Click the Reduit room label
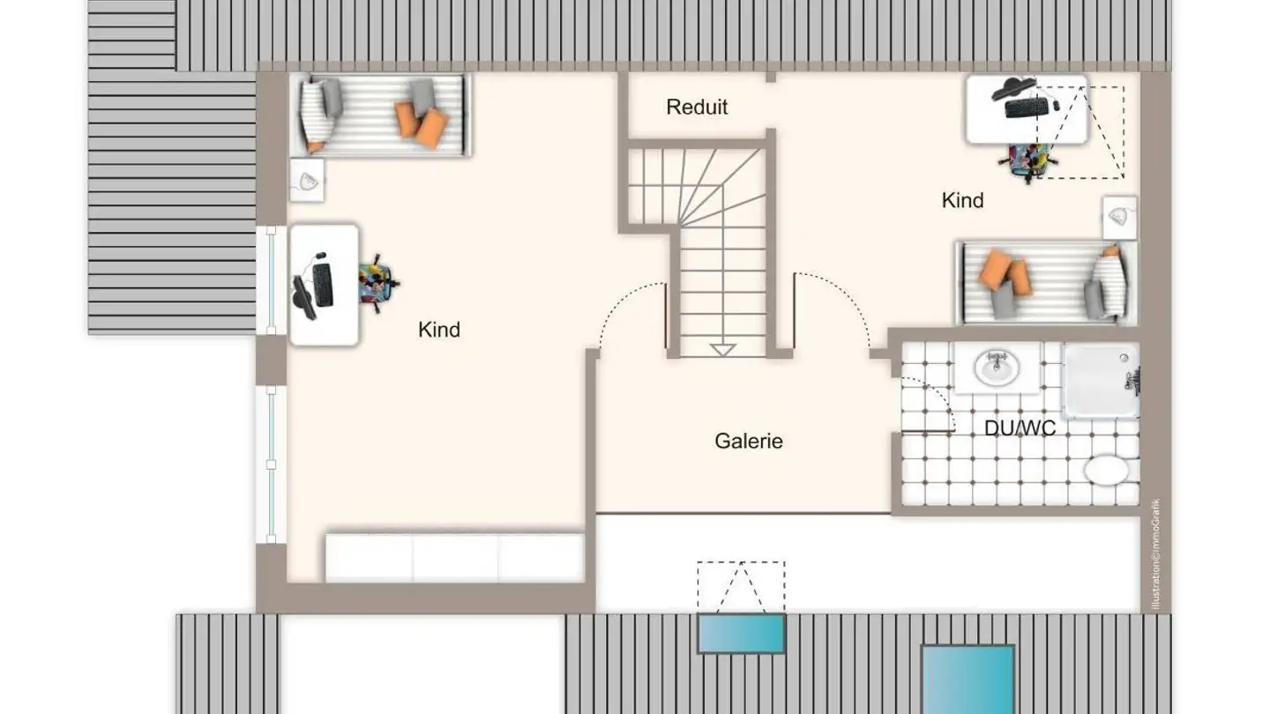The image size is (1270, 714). [697, 108]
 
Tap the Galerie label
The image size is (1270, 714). [749, 441]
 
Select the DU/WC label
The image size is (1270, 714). [1020, 428]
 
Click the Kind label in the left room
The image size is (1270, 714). [439, 330]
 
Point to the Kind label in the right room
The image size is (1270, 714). [962, 200]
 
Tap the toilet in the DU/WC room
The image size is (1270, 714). [1106, 470]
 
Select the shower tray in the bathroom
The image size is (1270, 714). [1100, 380]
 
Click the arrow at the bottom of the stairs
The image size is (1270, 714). [723, 350]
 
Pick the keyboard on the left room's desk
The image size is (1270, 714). [323, 285]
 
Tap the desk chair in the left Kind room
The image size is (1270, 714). [377, 283]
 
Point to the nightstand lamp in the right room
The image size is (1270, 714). [1119, 217]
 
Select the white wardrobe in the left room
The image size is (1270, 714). [454, 557]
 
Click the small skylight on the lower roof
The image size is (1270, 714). [741, 634]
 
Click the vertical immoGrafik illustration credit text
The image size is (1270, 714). [1156, 555]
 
